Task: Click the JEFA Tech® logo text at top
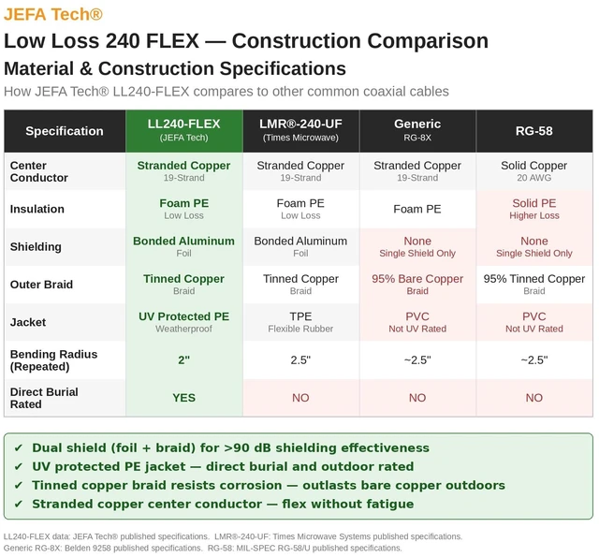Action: [x=53, y=14]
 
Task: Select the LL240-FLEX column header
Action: [x=184, y=130]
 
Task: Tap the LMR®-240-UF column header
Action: [x=300, y=130]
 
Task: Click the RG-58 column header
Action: [x=534, y=131]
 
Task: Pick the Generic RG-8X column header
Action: [x=417, y=130]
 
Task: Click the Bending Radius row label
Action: [x=54, y=360]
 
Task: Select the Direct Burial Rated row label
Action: [x=44, y=398]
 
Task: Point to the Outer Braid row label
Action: [x=41, y=285]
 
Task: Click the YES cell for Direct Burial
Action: [x=184, y=398]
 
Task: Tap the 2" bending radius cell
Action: [x=184, y=359]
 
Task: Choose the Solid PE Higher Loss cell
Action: [x=534, y=209]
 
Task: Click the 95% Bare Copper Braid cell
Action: [x=417, y=285]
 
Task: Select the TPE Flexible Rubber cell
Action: [x=300, y=322]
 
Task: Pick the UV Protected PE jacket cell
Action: [x=184, y=322]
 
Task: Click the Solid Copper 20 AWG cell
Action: [x=534, y=171]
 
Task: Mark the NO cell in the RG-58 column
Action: [x=534, y=398]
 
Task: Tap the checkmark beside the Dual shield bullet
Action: [x=18, y=447]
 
